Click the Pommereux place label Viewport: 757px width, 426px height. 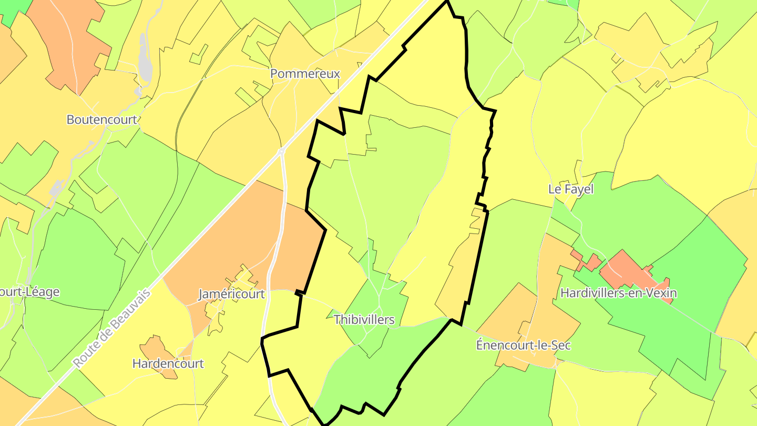point(305,74)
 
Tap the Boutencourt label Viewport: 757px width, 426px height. point(101,119)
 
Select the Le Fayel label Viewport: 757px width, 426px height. point(570,189)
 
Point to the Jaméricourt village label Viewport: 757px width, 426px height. point(231,294)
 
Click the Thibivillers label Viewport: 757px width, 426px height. point(364,320)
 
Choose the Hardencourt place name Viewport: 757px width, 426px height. point(168,363)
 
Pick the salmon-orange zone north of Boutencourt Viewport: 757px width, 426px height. point(74,42)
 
